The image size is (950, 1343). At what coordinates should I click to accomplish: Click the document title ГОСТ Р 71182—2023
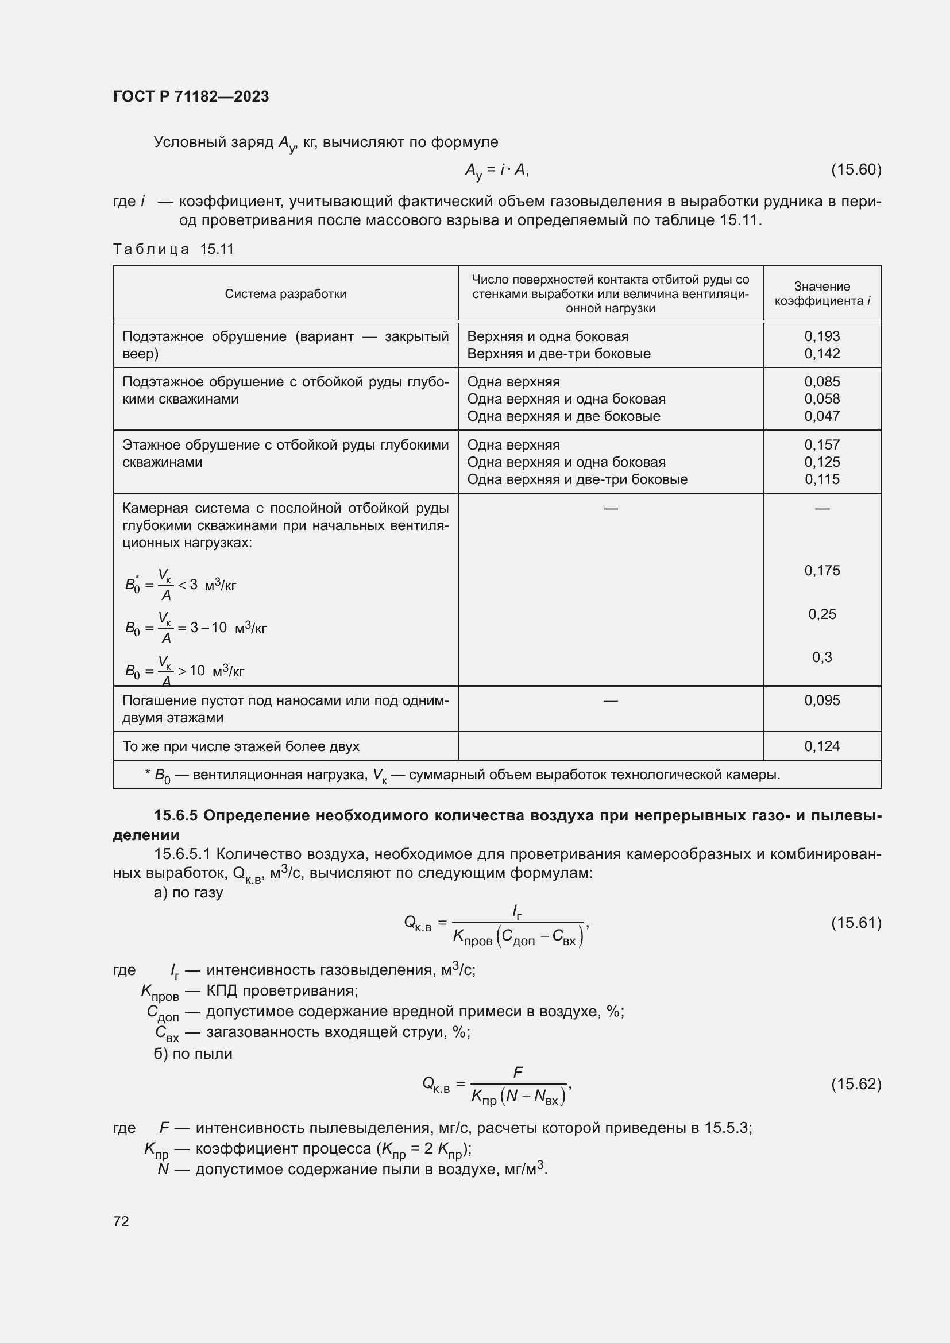tap(191, 96)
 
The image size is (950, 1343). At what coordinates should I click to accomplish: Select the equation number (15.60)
tap(856, 169)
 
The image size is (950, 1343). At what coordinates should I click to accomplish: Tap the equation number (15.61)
tap(856, 923)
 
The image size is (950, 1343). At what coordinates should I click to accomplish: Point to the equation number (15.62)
tap(856, 1084)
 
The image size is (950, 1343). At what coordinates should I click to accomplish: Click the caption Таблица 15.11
tap(173, 249)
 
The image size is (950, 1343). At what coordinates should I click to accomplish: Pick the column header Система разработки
tap(285, 293)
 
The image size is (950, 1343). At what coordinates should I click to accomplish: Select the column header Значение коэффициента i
tap(822, 293)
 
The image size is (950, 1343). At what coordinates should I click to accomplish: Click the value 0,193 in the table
tap(822, 336)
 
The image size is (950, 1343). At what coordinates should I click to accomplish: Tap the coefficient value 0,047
tap(822, 416)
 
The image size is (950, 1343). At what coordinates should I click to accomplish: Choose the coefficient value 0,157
tap(822, 444)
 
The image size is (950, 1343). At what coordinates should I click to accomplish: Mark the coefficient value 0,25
tap(822, 614)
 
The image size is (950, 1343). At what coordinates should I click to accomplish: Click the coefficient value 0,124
tap(822, 746)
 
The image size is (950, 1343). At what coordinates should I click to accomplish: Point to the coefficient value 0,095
tap(822, 700)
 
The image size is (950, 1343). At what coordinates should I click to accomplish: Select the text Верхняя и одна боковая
tap(547, 336)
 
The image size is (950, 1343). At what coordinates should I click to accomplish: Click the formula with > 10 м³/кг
tap(184, 670)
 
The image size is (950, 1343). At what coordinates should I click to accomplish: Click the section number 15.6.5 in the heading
tap(176, 815)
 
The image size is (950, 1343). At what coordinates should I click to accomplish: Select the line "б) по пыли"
tap(193, 1054)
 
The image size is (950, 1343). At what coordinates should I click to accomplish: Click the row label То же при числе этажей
tap(241, 746)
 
